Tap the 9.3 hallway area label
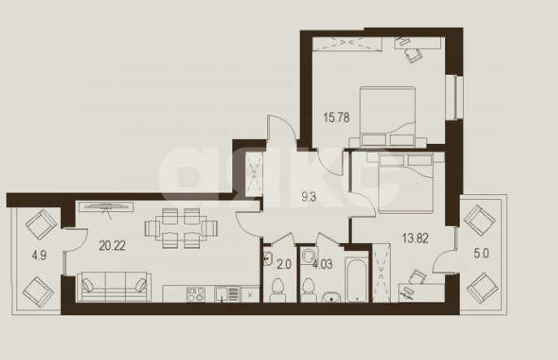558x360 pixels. [287, 196]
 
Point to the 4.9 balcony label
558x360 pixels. [39, 254]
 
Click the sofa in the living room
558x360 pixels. [115, 285]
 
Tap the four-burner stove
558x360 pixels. [196, 293]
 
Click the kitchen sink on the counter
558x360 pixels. [225, 293]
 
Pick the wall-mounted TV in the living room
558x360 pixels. [105, 205]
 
